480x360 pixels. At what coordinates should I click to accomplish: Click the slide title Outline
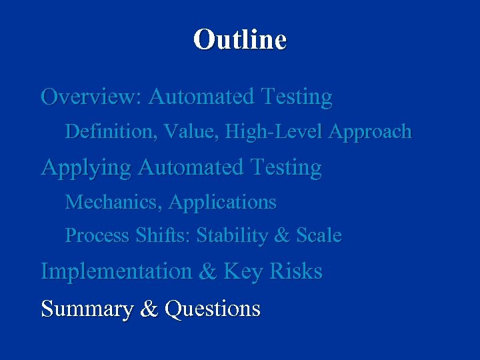[240, 39]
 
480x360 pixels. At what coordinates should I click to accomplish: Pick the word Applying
[85, 168]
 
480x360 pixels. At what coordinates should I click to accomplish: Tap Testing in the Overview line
[297, 98]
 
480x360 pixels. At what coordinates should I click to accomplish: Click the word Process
[97, 236]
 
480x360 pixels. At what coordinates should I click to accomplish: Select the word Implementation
[115, 272]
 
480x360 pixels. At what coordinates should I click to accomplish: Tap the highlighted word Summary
[87, 309]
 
